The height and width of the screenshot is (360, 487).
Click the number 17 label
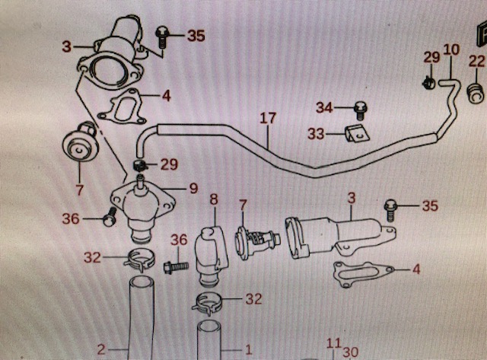click(268, 119)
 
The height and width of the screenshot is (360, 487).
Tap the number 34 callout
click(325, 108)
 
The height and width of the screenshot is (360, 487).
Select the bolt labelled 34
click(360, 110)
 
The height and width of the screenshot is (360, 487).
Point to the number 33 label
click(316, 134)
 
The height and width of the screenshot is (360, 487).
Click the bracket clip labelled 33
click(358, 133)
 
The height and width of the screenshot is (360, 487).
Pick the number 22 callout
click(477, 61)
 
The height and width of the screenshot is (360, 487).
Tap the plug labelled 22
click(476, 92)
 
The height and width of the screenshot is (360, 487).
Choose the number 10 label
click(451, 49)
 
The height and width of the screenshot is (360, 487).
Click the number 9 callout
click(193, 188)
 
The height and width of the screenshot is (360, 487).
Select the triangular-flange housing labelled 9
click(143, 212)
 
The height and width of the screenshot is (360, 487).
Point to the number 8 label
click(214, 199)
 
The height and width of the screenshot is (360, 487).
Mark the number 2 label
click(101, 350)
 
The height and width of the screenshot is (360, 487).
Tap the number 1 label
click(249, 350)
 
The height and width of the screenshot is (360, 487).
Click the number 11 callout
click(333, 343)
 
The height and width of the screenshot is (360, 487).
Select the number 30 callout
click(351, 352)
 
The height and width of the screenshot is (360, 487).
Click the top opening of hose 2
click(141, 283)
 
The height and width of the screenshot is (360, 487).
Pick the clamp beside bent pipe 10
click(429, 83)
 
